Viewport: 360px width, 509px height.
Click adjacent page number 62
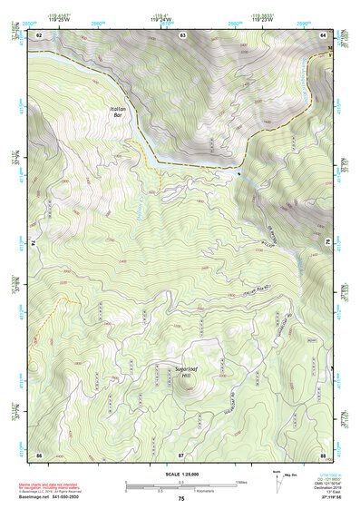[39, 34]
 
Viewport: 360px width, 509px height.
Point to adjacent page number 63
[182, 34]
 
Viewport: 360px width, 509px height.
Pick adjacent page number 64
[324, 34]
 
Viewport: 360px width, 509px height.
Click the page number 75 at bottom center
[181, 499]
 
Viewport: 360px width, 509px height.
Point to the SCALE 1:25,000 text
[181, 472]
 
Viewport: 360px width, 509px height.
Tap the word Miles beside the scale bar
[241, 481]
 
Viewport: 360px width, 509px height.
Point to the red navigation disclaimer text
[56, 483]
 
